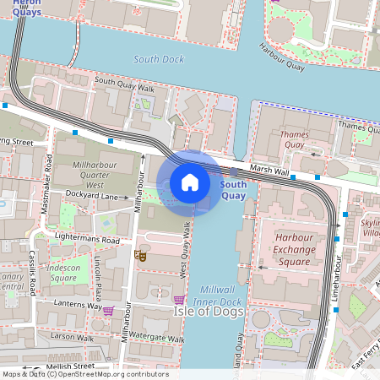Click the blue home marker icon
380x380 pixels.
[190, 182]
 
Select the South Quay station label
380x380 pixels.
[233, 190]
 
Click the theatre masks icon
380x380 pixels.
[141, 254]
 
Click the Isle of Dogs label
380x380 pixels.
[209, 312]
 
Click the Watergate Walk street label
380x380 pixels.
[157, 339]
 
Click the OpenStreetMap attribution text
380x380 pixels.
[84, 374]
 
